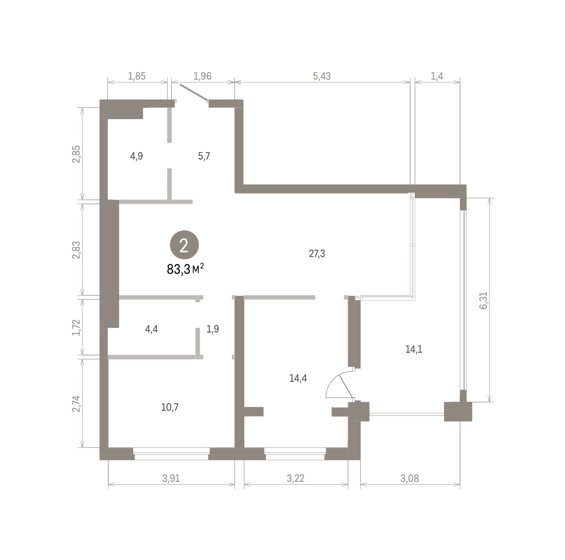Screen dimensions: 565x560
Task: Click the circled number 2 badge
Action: [184, 245]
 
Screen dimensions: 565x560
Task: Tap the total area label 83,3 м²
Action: [185, 269]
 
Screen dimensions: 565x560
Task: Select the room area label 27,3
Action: [317, 253]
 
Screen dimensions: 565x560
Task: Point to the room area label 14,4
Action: [298, 378]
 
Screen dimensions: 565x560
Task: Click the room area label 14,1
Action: [414, 349]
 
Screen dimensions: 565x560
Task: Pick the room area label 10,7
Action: [170, 407]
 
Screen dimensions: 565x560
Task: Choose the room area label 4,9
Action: [137, 156]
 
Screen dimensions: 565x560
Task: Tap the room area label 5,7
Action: [204, 156]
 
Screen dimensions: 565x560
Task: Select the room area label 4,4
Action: [151, 329]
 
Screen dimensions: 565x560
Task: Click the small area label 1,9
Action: [212, 329]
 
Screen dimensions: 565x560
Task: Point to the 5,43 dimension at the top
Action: [322, 76]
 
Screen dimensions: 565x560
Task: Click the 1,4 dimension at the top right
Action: [437, 76]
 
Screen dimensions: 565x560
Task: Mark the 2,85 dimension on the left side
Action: [76, 154]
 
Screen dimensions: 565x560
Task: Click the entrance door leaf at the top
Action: [194, 93]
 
